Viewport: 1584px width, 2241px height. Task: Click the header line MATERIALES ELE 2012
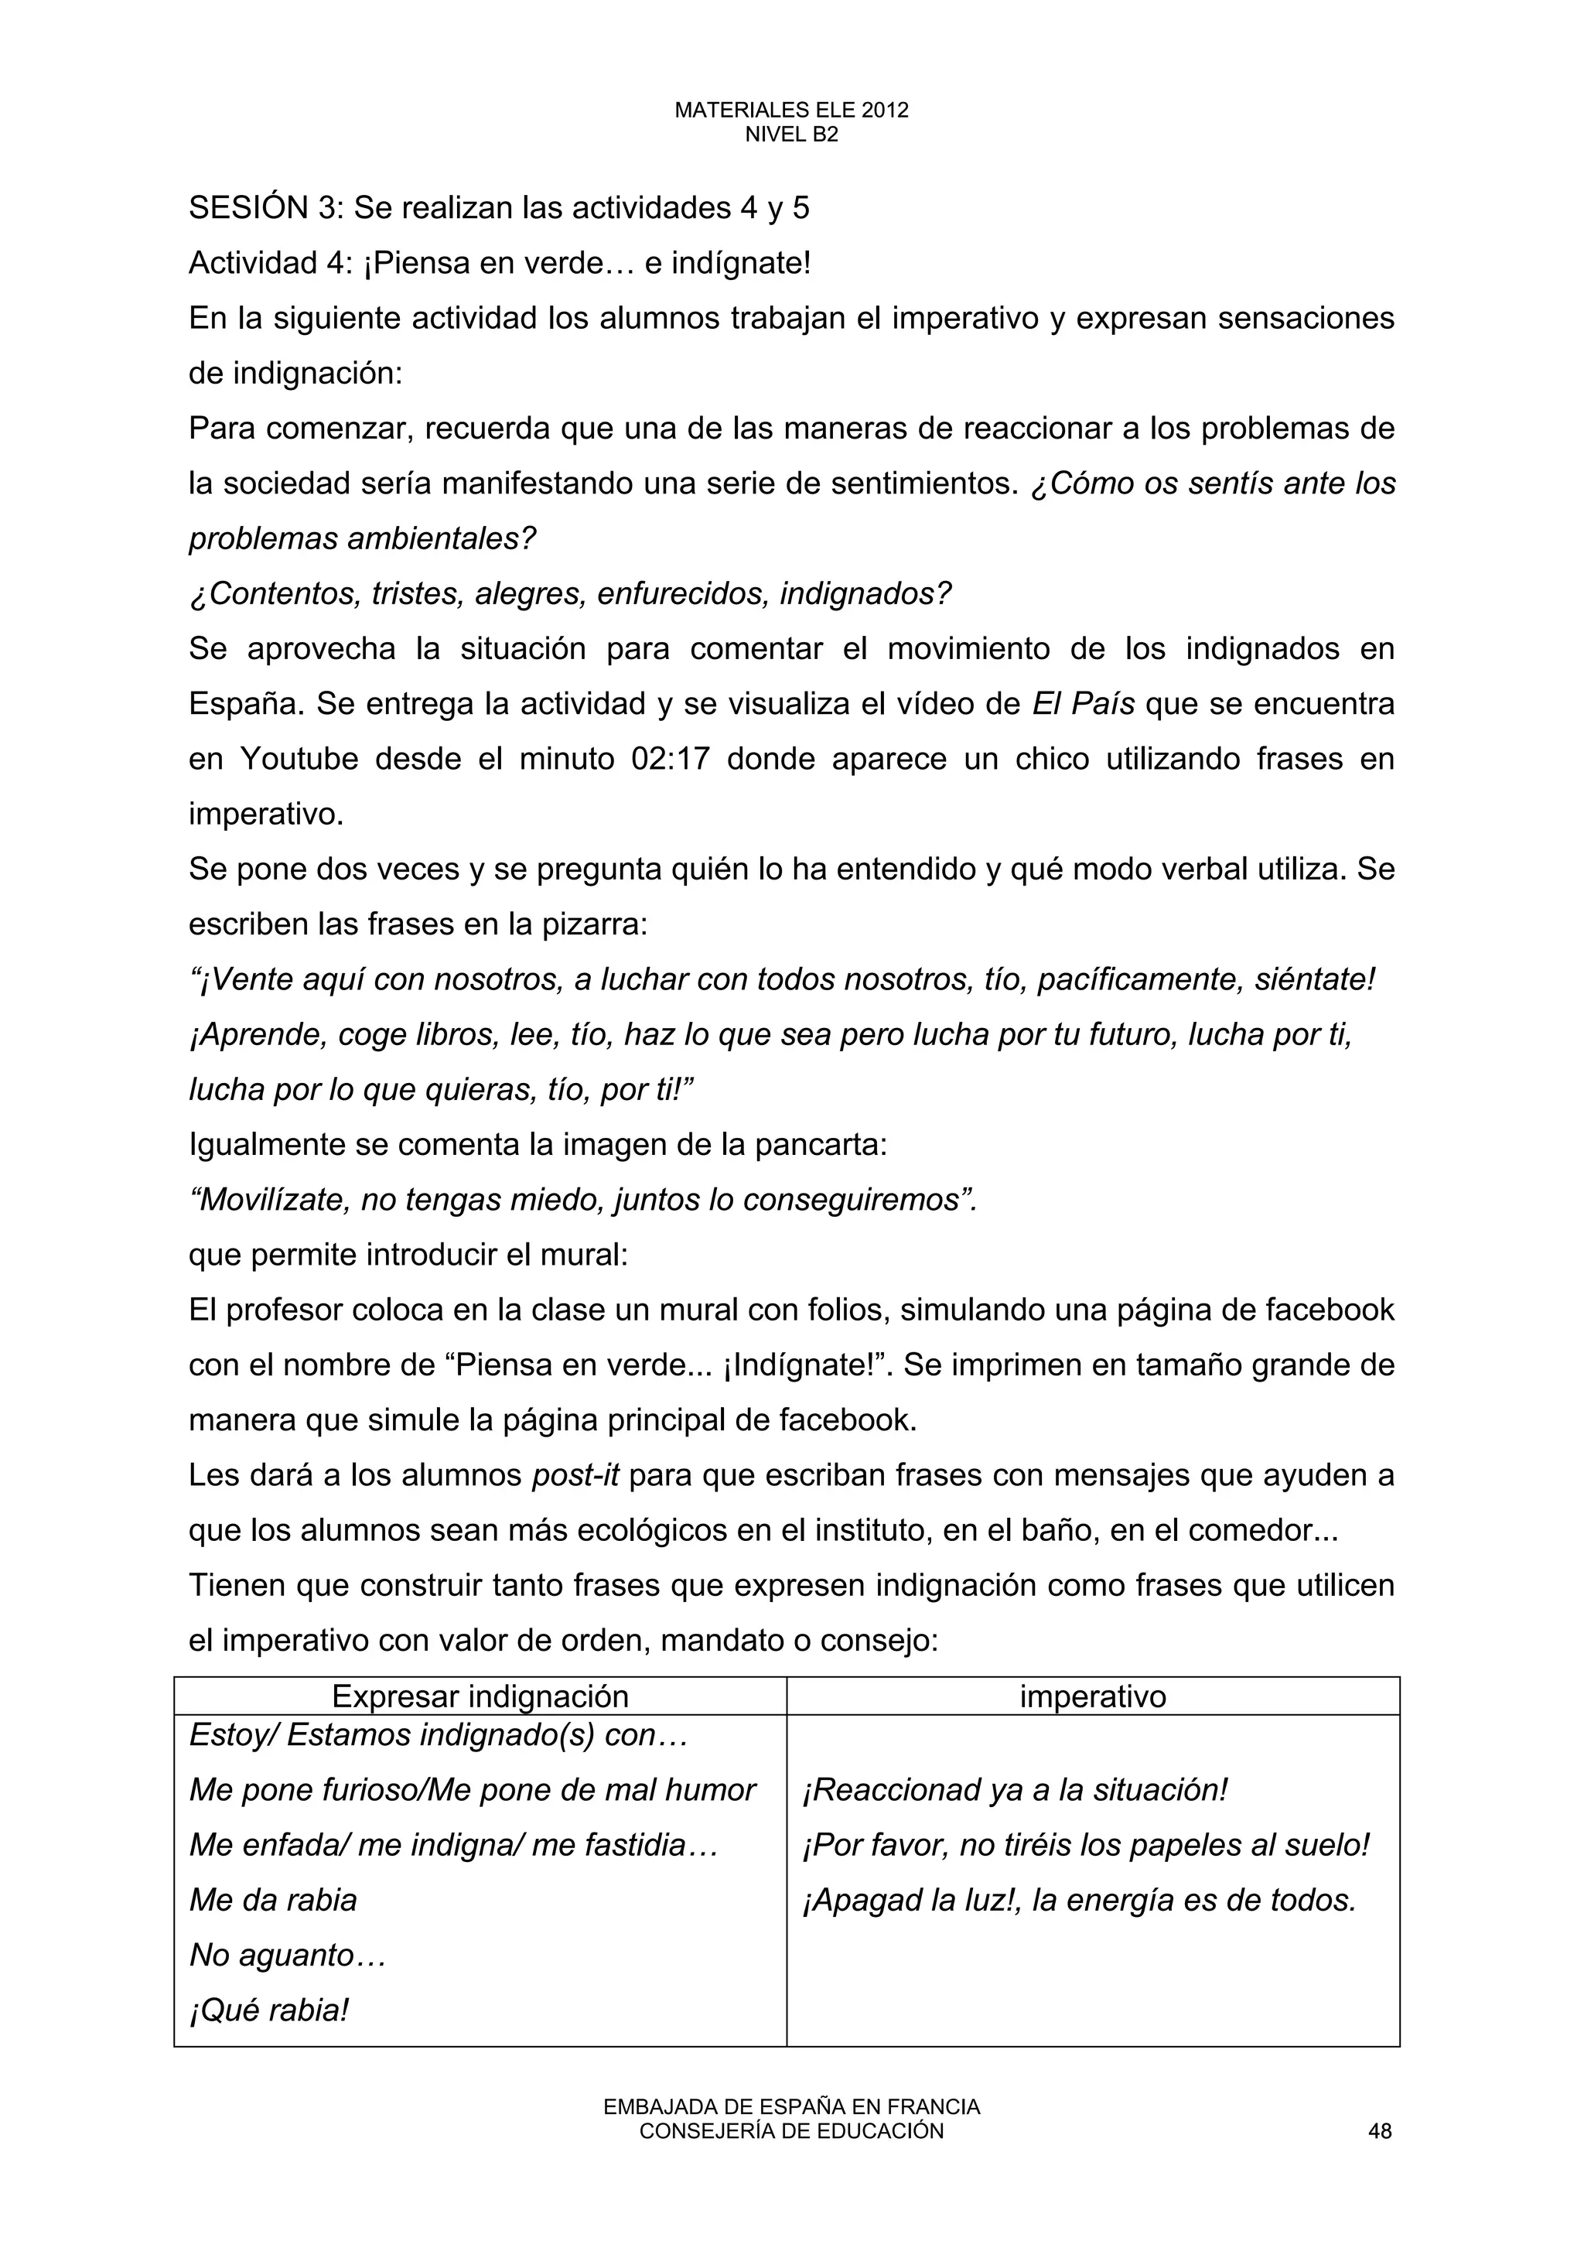(791, 111)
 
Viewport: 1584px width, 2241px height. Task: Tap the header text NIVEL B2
(791, 135)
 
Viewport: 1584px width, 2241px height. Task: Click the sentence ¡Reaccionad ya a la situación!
(1014, 1790)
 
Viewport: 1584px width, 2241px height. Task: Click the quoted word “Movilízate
(269, 1200)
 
